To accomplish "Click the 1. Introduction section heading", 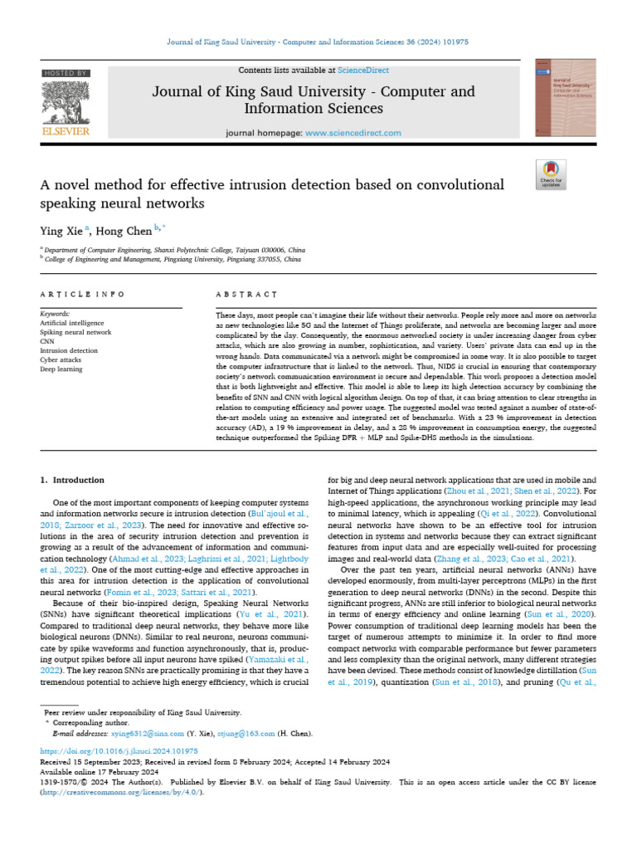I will coord(73,480).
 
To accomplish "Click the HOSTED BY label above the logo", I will coord(66,74).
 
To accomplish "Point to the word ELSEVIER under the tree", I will coord(66,130).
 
